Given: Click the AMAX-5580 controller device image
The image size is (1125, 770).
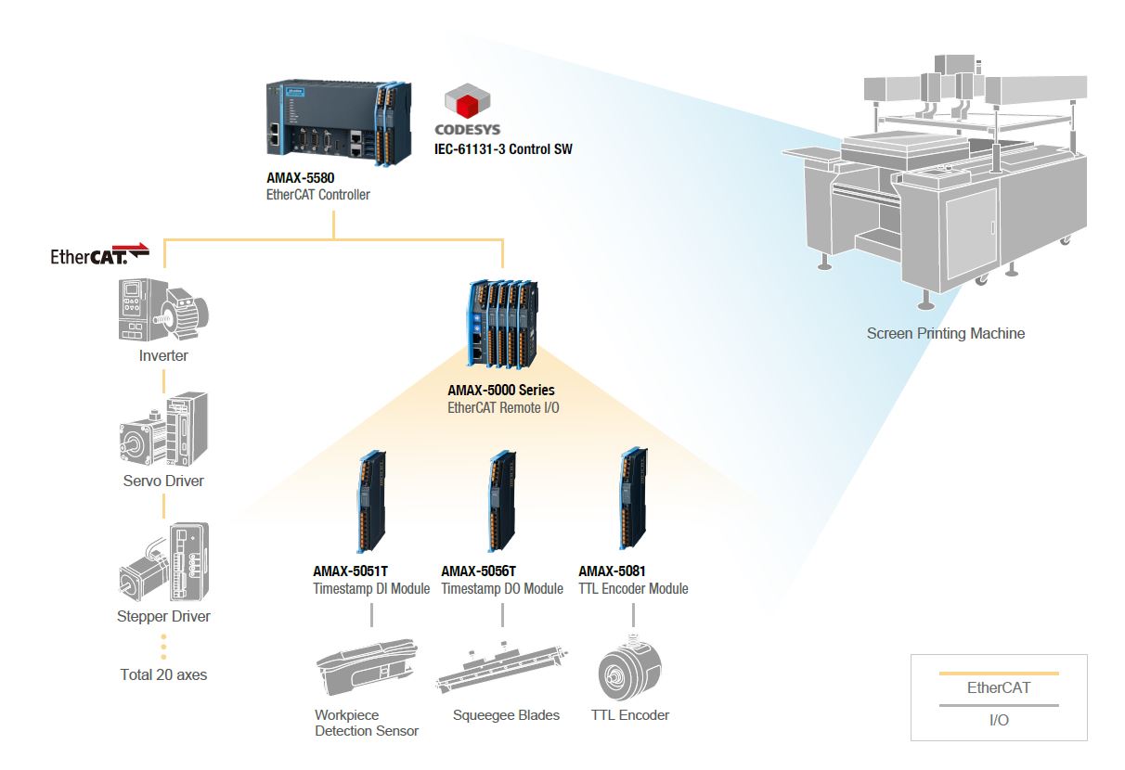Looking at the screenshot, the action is point(339,122).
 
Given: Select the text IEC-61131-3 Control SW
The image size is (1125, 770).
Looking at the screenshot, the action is point(503,149).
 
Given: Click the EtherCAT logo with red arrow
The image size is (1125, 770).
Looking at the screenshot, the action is point(99,254).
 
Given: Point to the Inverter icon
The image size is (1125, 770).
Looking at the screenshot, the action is point(163,310).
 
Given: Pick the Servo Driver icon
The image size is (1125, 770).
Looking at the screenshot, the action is point(163,430).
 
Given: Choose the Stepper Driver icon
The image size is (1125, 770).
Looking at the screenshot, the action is point(164,561).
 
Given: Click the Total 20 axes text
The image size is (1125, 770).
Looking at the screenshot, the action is point(163,674).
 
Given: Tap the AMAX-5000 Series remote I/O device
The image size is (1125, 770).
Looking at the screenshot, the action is point(503,325).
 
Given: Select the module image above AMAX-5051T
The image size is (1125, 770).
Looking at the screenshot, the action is point(371,502).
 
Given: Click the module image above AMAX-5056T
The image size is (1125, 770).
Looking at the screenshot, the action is point(503,502).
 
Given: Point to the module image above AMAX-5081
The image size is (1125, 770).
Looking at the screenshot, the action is point(633,498).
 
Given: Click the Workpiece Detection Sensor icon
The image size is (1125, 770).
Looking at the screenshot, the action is point(367,667).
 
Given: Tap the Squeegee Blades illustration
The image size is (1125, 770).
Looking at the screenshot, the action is point(502,668).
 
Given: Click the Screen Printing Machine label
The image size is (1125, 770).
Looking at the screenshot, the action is point(946,333).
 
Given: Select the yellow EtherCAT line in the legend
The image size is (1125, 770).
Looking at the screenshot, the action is point(999,674).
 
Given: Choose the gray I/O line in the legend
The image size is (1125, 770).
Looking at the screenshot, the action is point(999,705).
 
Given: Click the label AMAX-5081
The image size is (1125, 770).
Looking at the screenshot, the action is point(612,571).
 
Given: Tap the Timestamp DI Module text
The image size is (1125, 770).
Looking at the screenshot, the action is point(371,588).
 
